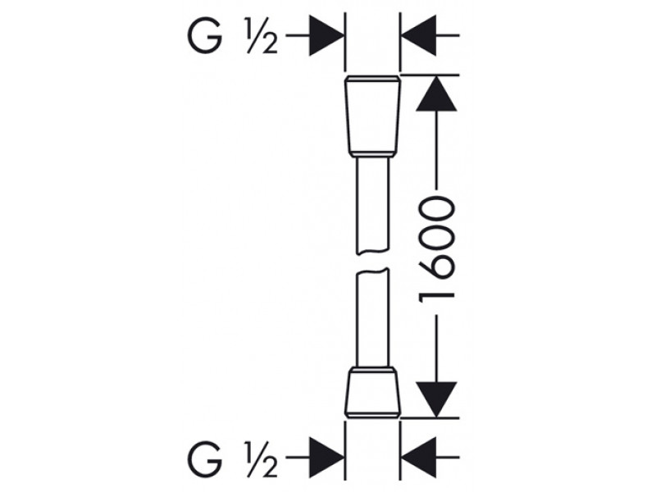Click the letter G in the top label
(x=204, y=35)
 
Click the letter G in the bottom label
(x=204, y=459)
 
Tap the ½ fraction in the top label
(x=261, y=35)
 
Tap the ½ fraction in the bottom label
(x=261, y=459)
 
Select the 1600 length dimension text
(x=436, y=251)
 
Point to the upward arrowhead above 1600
(x=436, y=93)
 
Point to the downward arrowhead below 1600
(x=436, y=399)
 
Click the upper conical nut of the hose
(x=372, y=114)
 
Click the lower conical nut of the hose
(x=372, y=394)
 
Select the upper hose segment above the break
(x=372, y=206)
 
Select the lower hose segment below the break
(x=372, y=318)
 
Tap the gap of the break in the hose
(x=372, y=262)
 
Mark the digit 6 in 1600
(x=436, y=268)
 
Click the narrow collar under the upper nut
(x=372, y=155)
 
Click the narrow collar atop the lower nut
(x=372, y=370)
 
